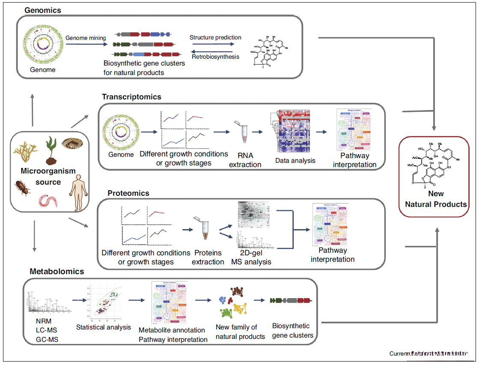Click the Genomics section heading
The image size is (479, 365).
(x=42, y=9)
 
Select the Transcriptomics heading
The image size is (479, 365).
(x=131, y=97)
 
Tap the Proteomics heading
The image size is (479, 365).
(x=128, y=193)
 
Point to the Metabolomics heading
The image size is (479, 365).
(x=57, y=271)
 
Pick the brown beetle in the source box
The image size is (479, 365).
(x=22, y=187)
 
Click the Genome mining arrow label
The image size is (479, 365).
(x=86, y=38)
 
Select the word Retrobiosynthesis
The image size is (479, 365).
(x=215, y=57)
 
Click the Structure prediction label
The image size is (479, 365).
(x=215, y=37)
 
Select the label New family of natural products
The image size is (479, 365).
(x=240, y=332)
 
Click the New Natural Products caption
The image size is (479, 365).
(x=436, y=199)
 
